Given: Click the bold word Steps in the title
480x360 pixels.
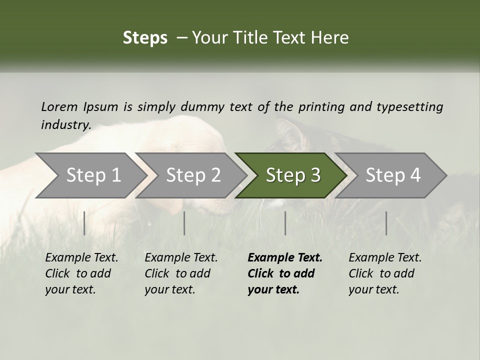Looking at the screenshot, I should click(145, 38).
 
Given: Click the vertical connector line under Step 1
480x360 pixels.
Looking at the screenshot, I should click(84, 223).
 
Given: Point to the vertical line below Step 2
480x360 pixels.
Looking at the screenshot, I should click(184, 223).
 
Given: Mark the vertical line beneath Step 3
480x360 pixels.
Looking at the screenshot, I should click(285, 223).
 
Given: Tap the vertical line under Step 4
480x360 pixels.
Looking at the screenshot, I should click(386, 223).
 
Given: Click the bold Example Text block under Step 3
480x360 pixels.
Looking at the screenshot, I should click(285, 273).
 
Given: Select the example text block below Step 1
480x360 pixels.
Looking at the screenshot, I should click(81, 273).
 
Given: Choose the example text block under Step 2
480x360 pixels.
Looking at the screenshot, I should click(181, 273).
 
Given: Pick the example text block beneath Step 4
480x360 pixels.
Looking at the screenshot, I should click(385, 273).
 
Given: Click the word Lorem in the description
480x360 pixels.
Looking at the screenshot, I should click(59, 106).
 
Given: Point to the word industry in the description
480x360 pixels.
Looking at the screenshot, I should click(66, 125).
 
